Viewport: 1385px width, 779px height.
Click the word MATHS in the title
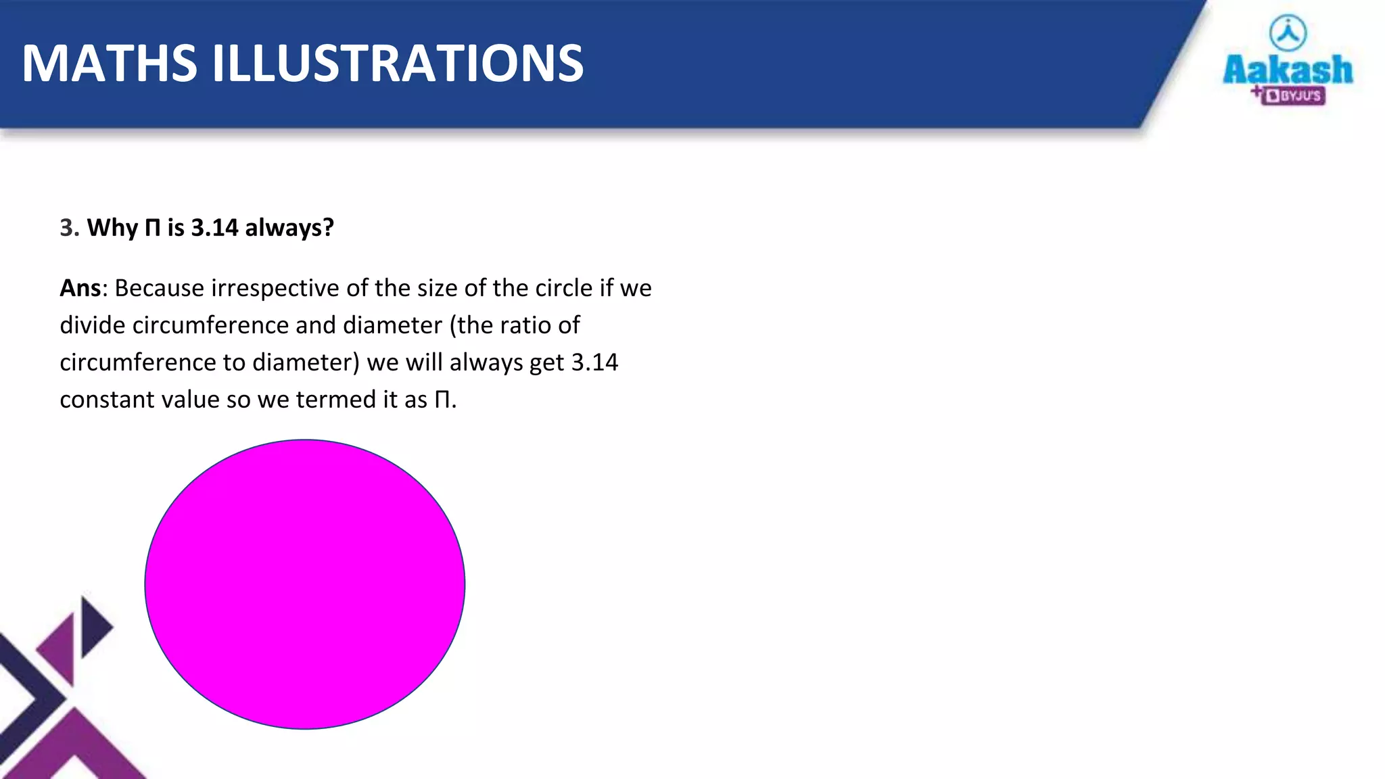click(x=110, y=64)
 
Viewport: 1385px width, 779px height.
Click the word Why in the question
click(x=112, y=228)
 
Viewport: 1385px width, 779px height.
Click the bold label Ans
click(x=80, y=288)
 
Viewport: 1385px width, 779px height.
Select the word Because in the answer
click(x=160, y=288)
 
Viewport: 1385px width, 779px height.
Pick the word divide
click(x=93, y=325)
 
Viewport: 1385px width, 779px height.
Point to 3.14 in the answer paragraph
click(x=594, y=362)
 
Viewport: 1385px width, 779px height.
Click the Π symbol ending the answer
click(x=442, y=400)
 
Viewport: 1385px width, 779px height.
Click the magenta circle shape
click(x=305, y=584)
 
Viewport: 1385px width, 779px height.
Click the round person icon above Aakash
click(x=1288, y=32)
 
